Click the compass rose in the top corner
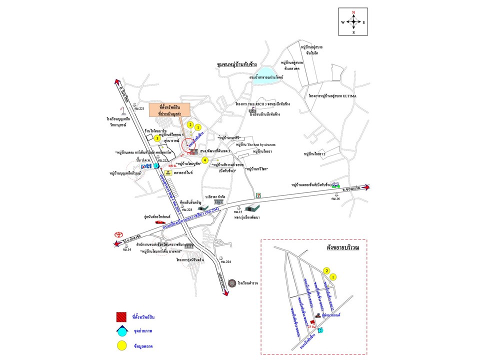click(353, 21)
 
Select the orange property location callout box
click(170, 110)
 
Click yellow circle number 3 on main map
click(157, 138)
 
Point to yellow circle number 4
click(205, 159)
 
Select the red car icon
click(159, 221)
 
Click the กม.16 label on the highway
click(335, 199)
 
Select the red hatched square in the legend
click(121, 317)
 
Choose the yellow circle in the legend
click(121, 345)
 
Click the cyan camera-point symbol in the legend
click(121, 331)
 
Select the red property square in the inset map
click(312, 322)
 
